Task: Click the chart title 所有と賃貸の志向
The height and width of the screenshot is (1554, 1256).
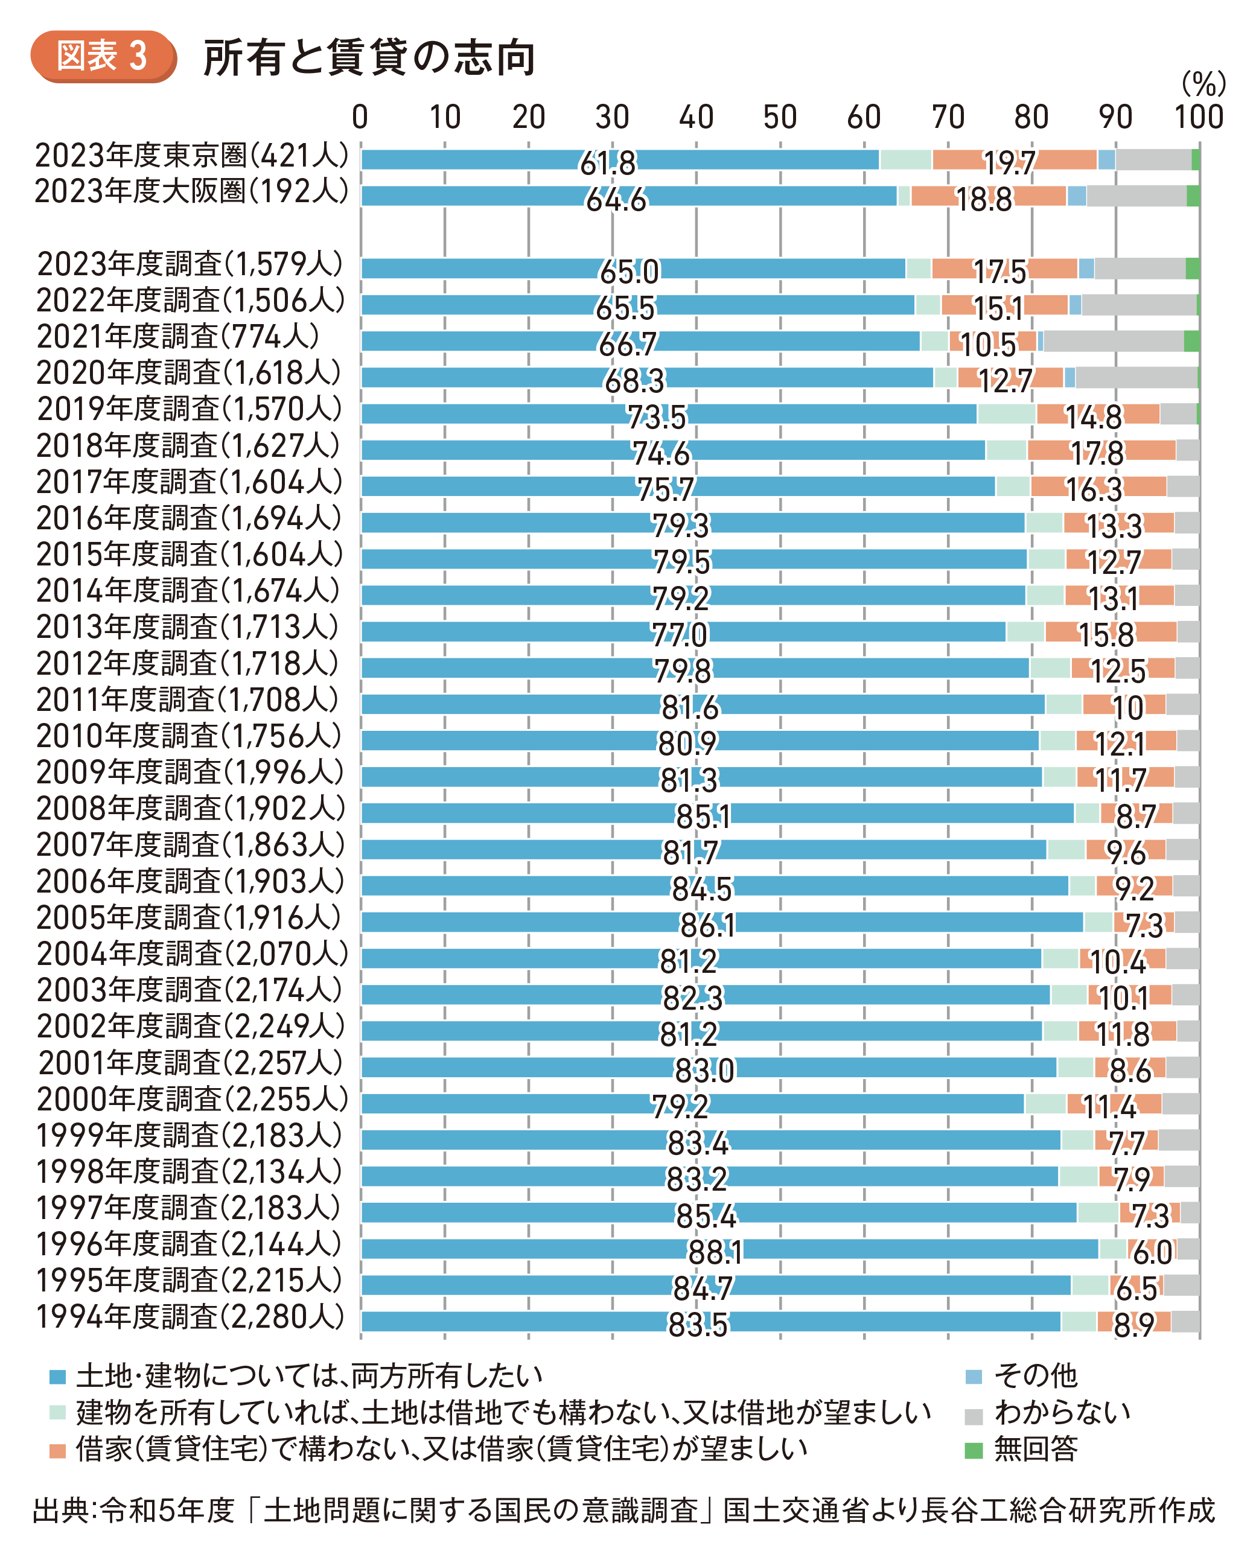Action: pos(369,58)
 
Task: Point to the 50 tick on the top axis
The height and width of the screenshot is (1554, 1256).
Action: pos(779,117)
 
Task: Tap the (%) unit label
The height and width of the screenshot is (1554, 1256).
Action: pos(1202,84)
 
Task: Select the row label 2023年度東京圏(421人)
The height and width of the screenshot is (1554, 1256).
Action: pos(192,156)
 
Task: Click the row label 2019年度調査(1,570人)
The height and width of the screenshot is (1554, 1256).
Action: pos(190,410)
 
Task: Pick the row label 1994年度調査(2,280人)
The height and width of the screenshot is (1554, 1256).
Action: pos(190,1317)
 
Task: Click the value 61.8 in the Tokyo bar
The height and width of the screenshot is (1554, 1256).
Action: pos(608,164)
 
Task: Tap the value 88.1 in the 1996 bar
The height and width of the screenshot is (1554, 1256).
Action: pos(715,1253)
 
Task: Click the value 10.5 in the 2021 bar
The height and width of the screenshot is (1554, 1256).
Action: pos(988,345)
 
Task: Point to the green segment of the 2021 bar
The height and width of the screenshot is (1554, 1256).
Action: pos(1191,342)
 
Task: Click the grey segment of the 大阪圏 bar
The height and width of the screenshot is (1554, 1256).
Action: pos(1136,196)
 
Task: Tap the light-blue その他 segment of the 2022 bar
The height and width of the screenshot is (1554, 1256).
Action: pos(1074,305)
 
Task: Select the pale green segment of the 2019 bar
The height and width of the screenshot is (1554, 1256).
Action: pos(1006,414)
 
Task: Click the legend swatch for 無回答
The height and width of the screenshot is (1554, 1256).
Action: pos(974,1449)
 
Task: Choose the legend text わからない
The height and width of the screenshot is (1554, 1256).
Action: pos(1062,1412)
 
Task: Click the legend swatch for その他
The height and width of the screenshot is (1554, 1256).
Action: pos(974,1376)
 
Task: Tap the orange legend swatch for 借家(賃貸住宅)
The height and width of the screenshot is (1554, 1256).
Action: pos(57,1450)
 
